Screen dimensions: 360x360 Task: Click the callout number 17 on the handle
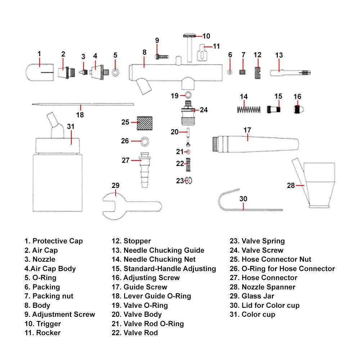247,130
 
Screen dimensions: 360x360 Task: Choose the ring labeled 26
144,141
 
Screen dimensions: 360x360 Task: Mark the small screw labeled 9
162,57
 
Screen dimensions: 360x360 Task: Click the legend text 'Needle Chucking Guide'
164,250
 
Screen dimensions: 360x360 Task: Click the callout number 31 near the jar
71,127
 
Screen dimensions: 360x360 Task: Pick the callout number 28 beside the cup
291,185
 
